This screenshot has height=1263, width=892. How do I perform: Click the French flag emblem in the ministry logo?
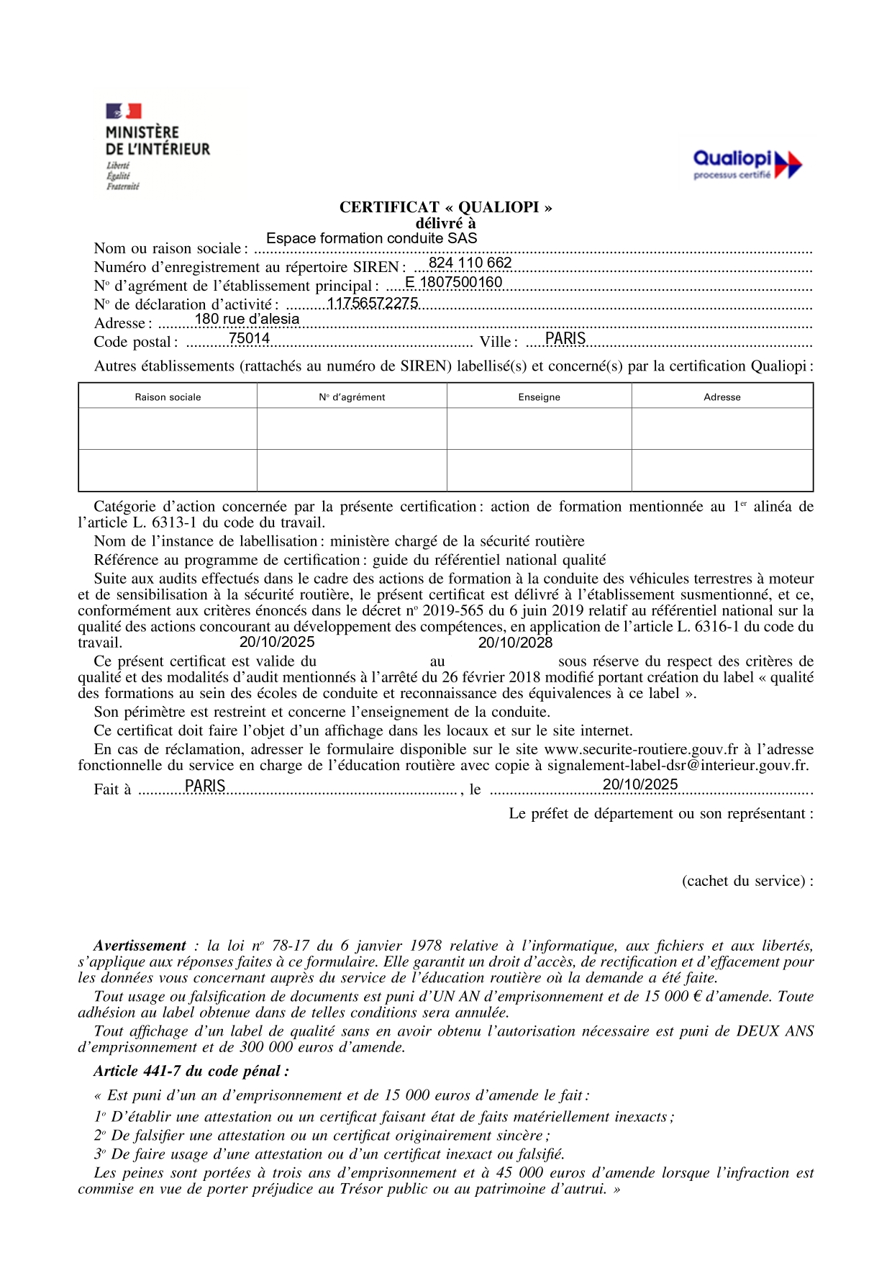[124, 111]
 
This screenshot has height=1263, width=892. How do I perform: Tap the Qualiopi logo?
[747, 164]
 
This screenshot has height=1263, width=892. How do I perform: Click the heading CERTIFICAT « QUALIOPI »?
[445, 207]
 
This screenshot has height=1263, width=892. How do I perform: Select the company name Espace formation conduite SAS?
[371, 238]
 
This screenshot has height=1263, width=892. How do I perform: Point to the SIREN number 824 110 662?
[470, 263]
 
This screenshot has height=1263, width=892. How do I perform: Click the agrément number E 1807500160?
[453, 282]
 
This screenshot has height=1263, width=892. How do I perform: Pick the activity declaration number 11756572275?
[373, 303]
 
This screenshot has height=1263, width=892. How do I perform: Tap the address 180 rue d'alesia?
[247, 319]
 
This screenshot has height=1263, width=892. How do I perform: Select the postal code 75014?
[249, 338]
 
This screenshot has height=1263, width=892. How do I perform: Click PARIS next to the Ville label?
[565, 338]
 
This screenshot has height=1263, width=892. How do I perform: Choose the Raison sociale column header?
[168, 397]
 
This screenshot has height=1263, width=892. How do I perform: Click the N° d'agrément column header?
[352, 397]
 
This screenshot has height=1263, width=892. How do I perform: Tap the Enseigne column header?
[539, 397]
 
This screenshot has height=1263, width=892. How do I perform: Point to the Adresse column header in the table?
[722, 397]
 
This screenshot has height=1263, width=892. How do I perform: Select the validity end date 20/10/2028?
[515, 643]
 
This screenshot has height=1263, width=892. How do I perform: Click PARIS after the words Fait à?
[205, 786]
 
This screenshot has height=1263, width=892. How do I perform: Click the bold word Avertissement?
[140, 946]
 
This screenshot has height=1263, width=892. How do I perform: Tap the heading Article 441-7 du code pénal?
[191, 1071]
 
